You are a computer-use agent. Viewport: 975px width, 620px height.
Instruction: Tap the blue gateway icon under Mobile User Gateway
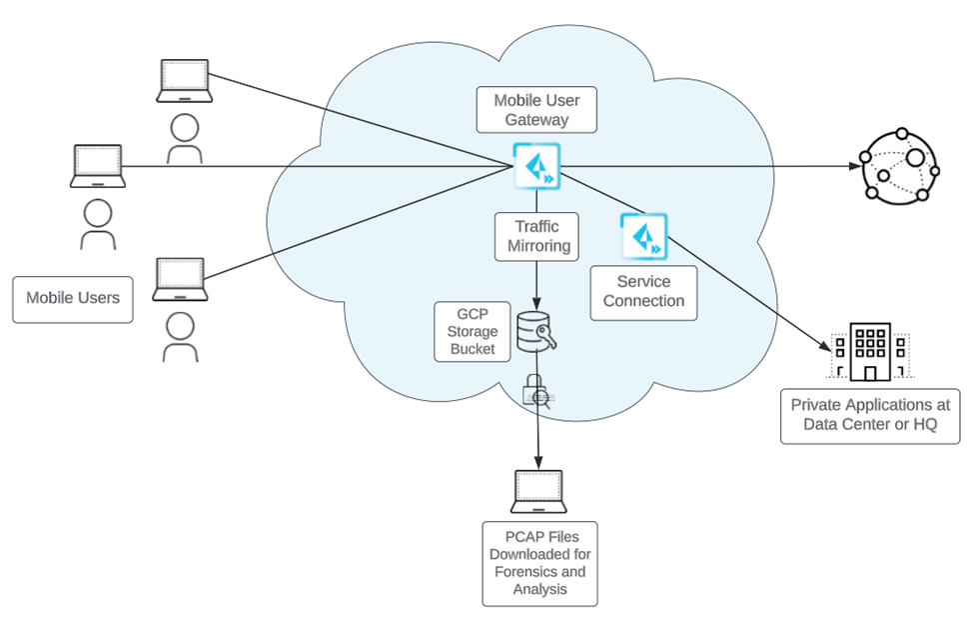536,165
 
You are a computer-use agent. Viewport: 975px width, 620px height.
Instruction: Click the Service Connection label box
643,291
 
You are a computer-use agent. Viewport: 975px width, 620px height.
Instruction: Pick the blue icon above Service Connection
643,235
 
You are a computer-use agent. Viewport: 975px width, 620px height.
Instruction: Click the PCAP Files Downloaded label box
539,563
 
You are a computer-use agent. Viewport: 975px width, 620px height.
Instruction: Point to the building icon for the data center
869,352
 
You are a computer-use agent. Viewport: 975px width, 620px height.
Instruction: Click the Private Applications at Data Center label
869,416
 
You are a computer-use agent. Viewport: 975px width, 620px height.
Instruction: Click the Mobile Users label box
73,298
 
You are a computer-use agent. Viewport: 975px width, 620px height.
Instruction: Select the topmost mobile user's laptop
184,81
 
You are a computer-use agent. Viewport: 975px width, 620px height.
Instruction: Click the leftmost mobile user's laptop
97,166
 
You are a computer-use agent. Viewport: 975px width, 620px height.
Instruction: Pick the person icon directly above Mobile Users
97,225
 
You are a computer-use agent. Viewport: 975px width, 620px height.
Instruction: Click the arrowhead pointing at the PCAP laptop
539,463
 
